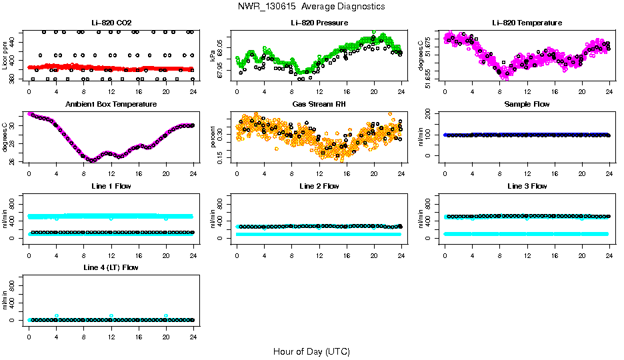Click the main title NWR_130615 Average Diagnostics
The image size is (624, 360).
click(311, 6)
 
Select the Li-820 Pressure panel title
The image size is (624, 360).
click(319, 23)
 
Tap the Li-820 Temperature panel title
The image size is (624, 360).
click(527, 23)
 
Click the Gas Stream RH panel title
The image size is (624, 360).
click(319, 105)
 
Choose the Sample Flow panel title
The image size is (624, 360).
click(527, 105)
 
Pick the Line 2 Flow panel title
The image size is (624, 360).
click(319, 186)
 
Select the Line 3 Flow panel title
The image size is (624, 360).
click(527, 186)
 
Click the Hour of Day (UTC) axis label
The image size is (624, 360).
click(311, 351)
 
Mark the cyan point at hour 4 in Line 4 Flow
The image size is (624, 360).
click(57, 315)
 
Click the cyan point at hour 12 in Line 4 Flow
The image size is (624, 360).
click(111, 315)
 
